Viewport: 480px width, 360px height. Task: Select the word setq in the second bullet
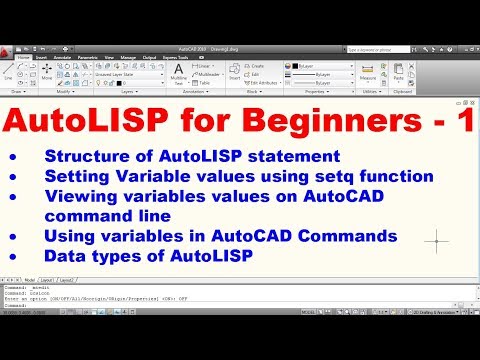(x=325, y=176)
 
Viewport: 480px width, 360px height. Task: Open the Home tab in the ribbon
(x=23, y=58)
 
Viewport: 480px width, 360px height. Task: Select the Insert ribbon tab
(x=43, y=58)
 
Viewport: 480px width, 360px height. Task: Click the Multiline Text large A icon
(x=178, y=72)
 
